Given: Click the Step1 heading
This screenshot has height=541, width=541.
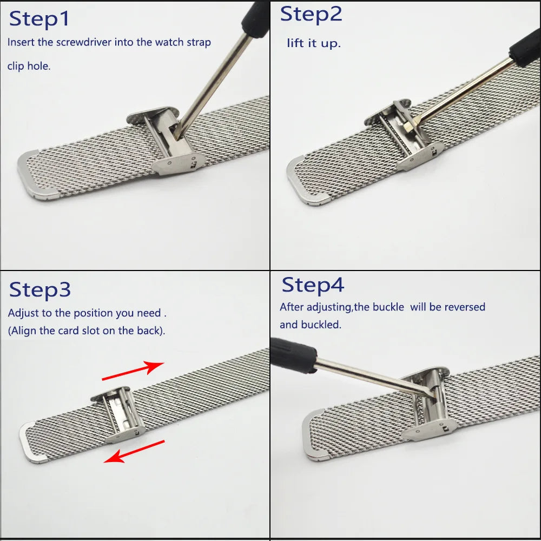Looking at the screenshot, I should click(39, 19).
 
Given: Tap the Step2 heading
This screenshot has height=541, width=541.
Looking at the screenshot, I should click(311, 15).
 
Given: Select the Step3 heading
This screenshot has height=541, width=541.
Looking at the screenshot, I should click(40, 290).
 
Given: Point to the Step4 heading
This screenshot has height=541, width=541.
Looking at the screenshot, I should click(313, 285).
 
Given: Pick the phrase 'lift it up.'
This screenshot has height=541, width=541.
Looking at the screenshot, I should click(314, 43).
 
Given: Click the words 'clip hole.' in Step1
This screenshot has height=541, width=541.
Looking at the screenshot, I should click(29, 67).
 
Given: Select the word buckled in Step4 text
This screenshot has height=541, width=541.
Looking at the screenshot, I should click(326, 325).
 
